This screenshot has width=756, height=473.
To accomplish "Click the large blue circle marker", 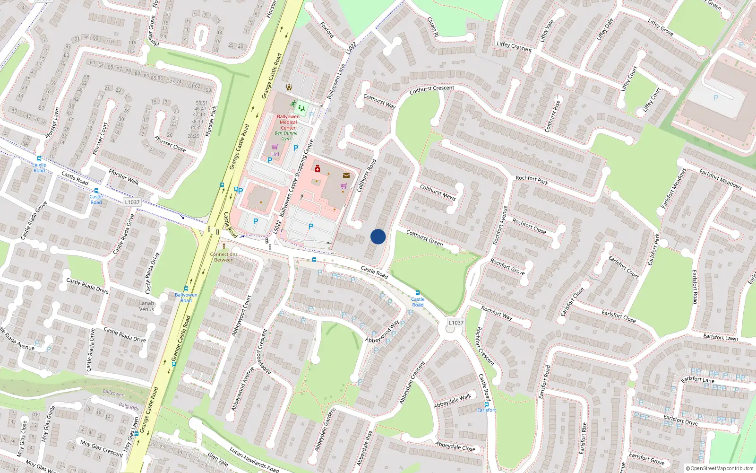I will pyautogui.click(x=378, y=236).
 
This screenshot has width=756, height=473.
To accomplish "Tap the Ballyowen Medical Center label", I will pyautogui.click(x=288, y=122).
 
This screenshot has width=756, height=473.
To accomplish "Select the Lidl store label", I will pyautogui.click(x=275, y=154).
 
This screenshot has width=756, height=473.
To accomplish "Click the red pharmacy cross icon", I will pyautogui.click(x=318, y=168).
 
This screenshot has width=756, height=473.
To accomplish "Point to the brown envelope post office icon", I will pyautogui.click(x=346, y=175).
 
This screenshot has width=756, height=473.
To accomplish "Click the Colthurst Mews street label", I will pyautogui.click(x=438, y=193).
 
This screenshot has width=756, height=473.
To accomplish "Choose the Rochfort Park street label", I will pyautogui.click(x=532, y=180).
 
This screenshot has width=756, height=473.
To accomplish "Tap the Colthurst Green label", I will pyautogui.click(x=425, y=238).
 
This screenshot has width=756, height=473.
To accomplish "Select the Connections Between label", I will pyautogui.click(x=224, y=257).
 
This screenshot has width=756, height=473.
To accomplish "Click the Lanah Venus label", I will pyautogui.click(x=146, y=306).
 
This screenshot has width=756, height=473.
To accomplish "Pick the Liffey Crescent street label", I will pyautogui.click(x=515, y=46).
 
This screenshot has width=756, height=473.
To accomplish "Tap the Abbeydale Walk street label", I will pyautogui.click(x=453, y=401).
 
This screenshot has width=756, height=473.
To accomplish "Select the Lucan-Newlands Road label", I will pyautogui.click(x=254, y=459).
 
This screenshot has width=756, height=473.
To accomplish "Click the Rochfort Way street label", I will pyautogui.click(x=497, y=313).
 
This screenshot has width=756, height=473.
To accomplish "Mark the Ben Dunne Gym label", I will pyautogui.click(x=286, y=136).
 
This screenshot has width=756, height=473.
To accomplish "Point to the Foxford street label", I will pyautogui.click(x=327, y=30).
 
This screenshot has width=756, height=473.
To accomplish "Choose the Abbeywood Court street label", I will pyautogui.click(x=241, y=316).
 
